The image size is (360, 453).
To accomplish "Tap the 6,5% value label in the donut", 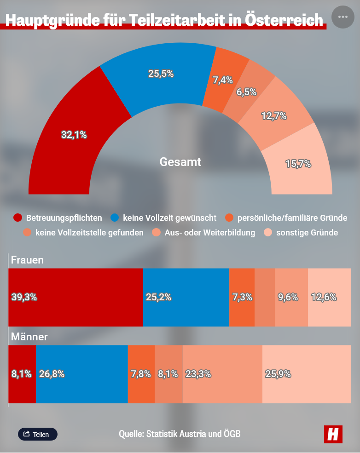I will click(x=246, y=92).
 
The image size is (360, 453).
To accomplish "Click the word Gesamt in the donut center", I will click(x=180, y=162).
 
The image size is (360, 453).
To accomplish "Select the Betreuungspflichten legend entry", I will click(x=58, y=217).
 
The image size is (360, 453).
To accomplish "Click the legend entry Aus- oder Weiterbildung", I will click(x=204, y=233).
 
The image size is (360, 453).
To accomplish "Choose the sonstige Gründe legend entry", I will click(x=302, y=233).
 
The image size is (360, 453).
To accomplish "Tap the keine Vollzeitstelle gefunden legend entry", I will click(x=84, y=233).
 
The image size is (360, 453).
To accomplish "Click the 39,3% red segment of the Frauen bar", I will click(x=75, y=297).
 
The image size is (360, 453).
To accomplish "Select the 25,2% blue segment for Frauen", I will click(x=186, y=297).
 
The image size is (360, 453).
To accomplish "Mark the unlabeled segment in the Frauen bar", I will click(x=265, y=297).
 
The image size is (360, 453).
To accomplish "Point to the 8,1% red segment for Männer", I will click(x=22, y=374).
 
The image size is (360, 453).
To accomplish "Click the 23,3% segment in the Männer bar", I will click(x=222, y=374).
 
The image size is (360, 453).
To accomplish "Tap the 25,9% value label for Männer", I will click(x=278, y=374).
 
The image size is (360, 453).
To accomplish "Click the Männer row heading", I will click(x=29, y=337).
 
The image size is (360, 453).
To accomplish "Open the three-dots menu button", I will click(x=343, y=17).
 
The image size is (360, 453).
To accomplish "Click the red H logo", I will click(x=333, y=434).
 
